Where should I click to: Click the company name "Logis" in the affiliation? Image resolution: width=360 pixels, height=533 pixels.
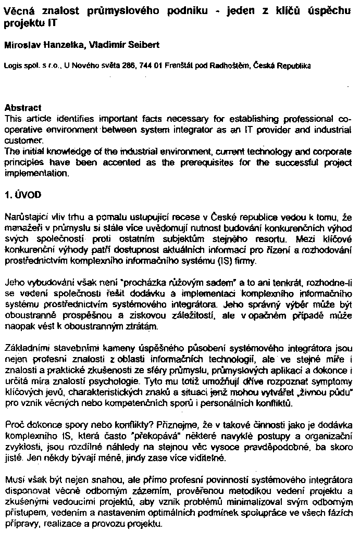point(11,66)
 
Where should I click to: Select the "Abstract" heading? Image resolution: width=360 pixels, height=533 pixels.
point(22,108)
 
